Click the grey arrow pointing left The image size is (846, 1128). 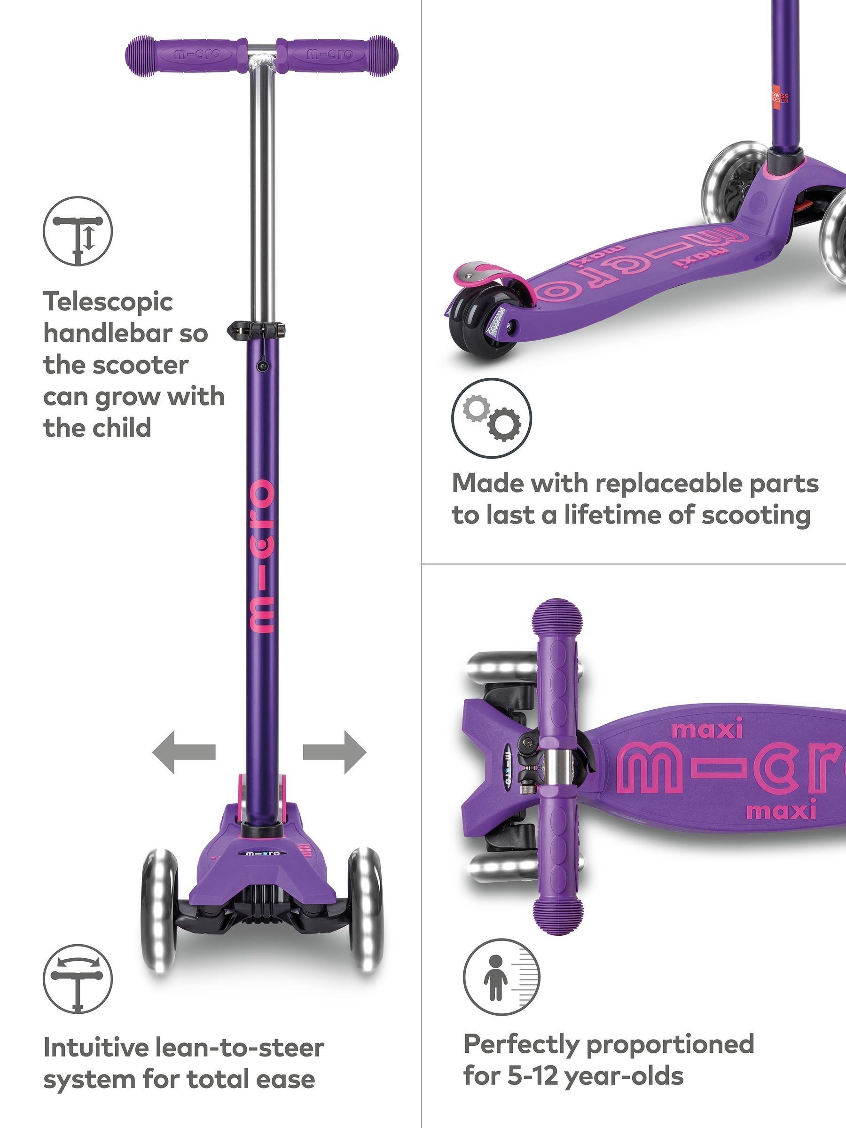[x=184, y=752]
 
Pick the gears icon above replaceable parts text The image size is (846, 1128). [x=492, y=418]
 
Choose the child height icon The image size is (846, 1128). [x=502, y=976]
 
